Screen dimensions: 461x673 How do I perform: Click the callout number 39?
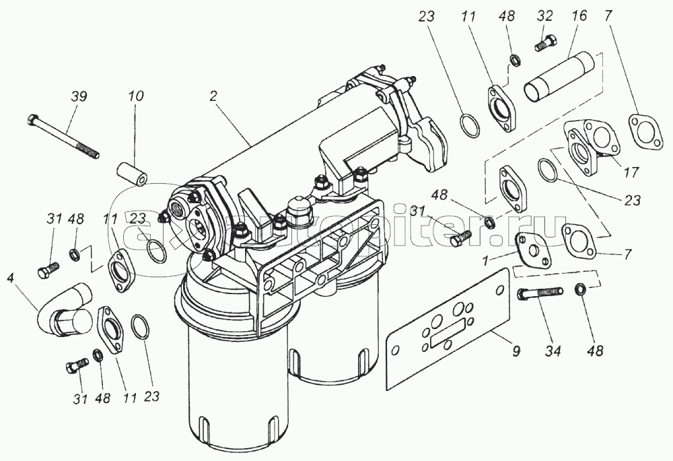point(79,97)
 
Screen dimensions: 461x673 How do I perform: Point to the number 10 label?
point(136,97)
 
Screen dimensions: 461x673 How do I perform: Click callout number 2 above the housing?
point(213,97)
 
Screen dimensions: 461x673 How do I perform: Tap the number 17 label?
point(631,173)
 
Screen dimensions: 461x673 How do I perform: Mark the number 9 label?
point(516,351)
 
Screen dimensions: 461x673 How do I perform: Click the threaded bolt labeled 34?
point(538,293)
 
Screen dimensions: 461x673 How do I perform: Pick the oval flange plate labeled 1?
point(534,250)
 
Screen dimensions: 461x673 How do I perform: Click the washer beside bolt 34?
point(579,289)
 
